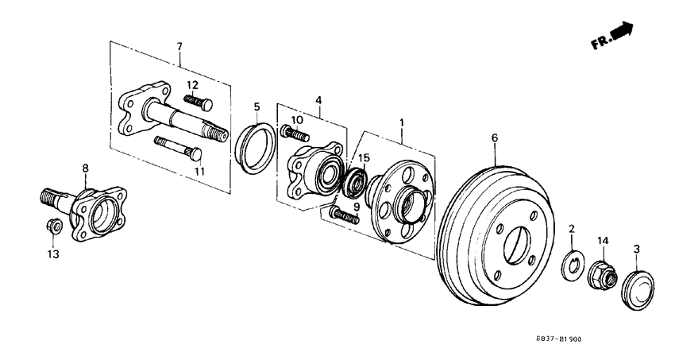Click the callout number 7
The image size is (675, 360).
180,47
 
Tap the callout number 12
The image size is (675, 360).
193,85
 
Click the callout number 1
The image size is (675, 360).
402,123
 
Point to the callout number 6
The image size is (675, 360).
494,138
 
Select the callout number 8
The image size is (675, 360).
86,168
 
